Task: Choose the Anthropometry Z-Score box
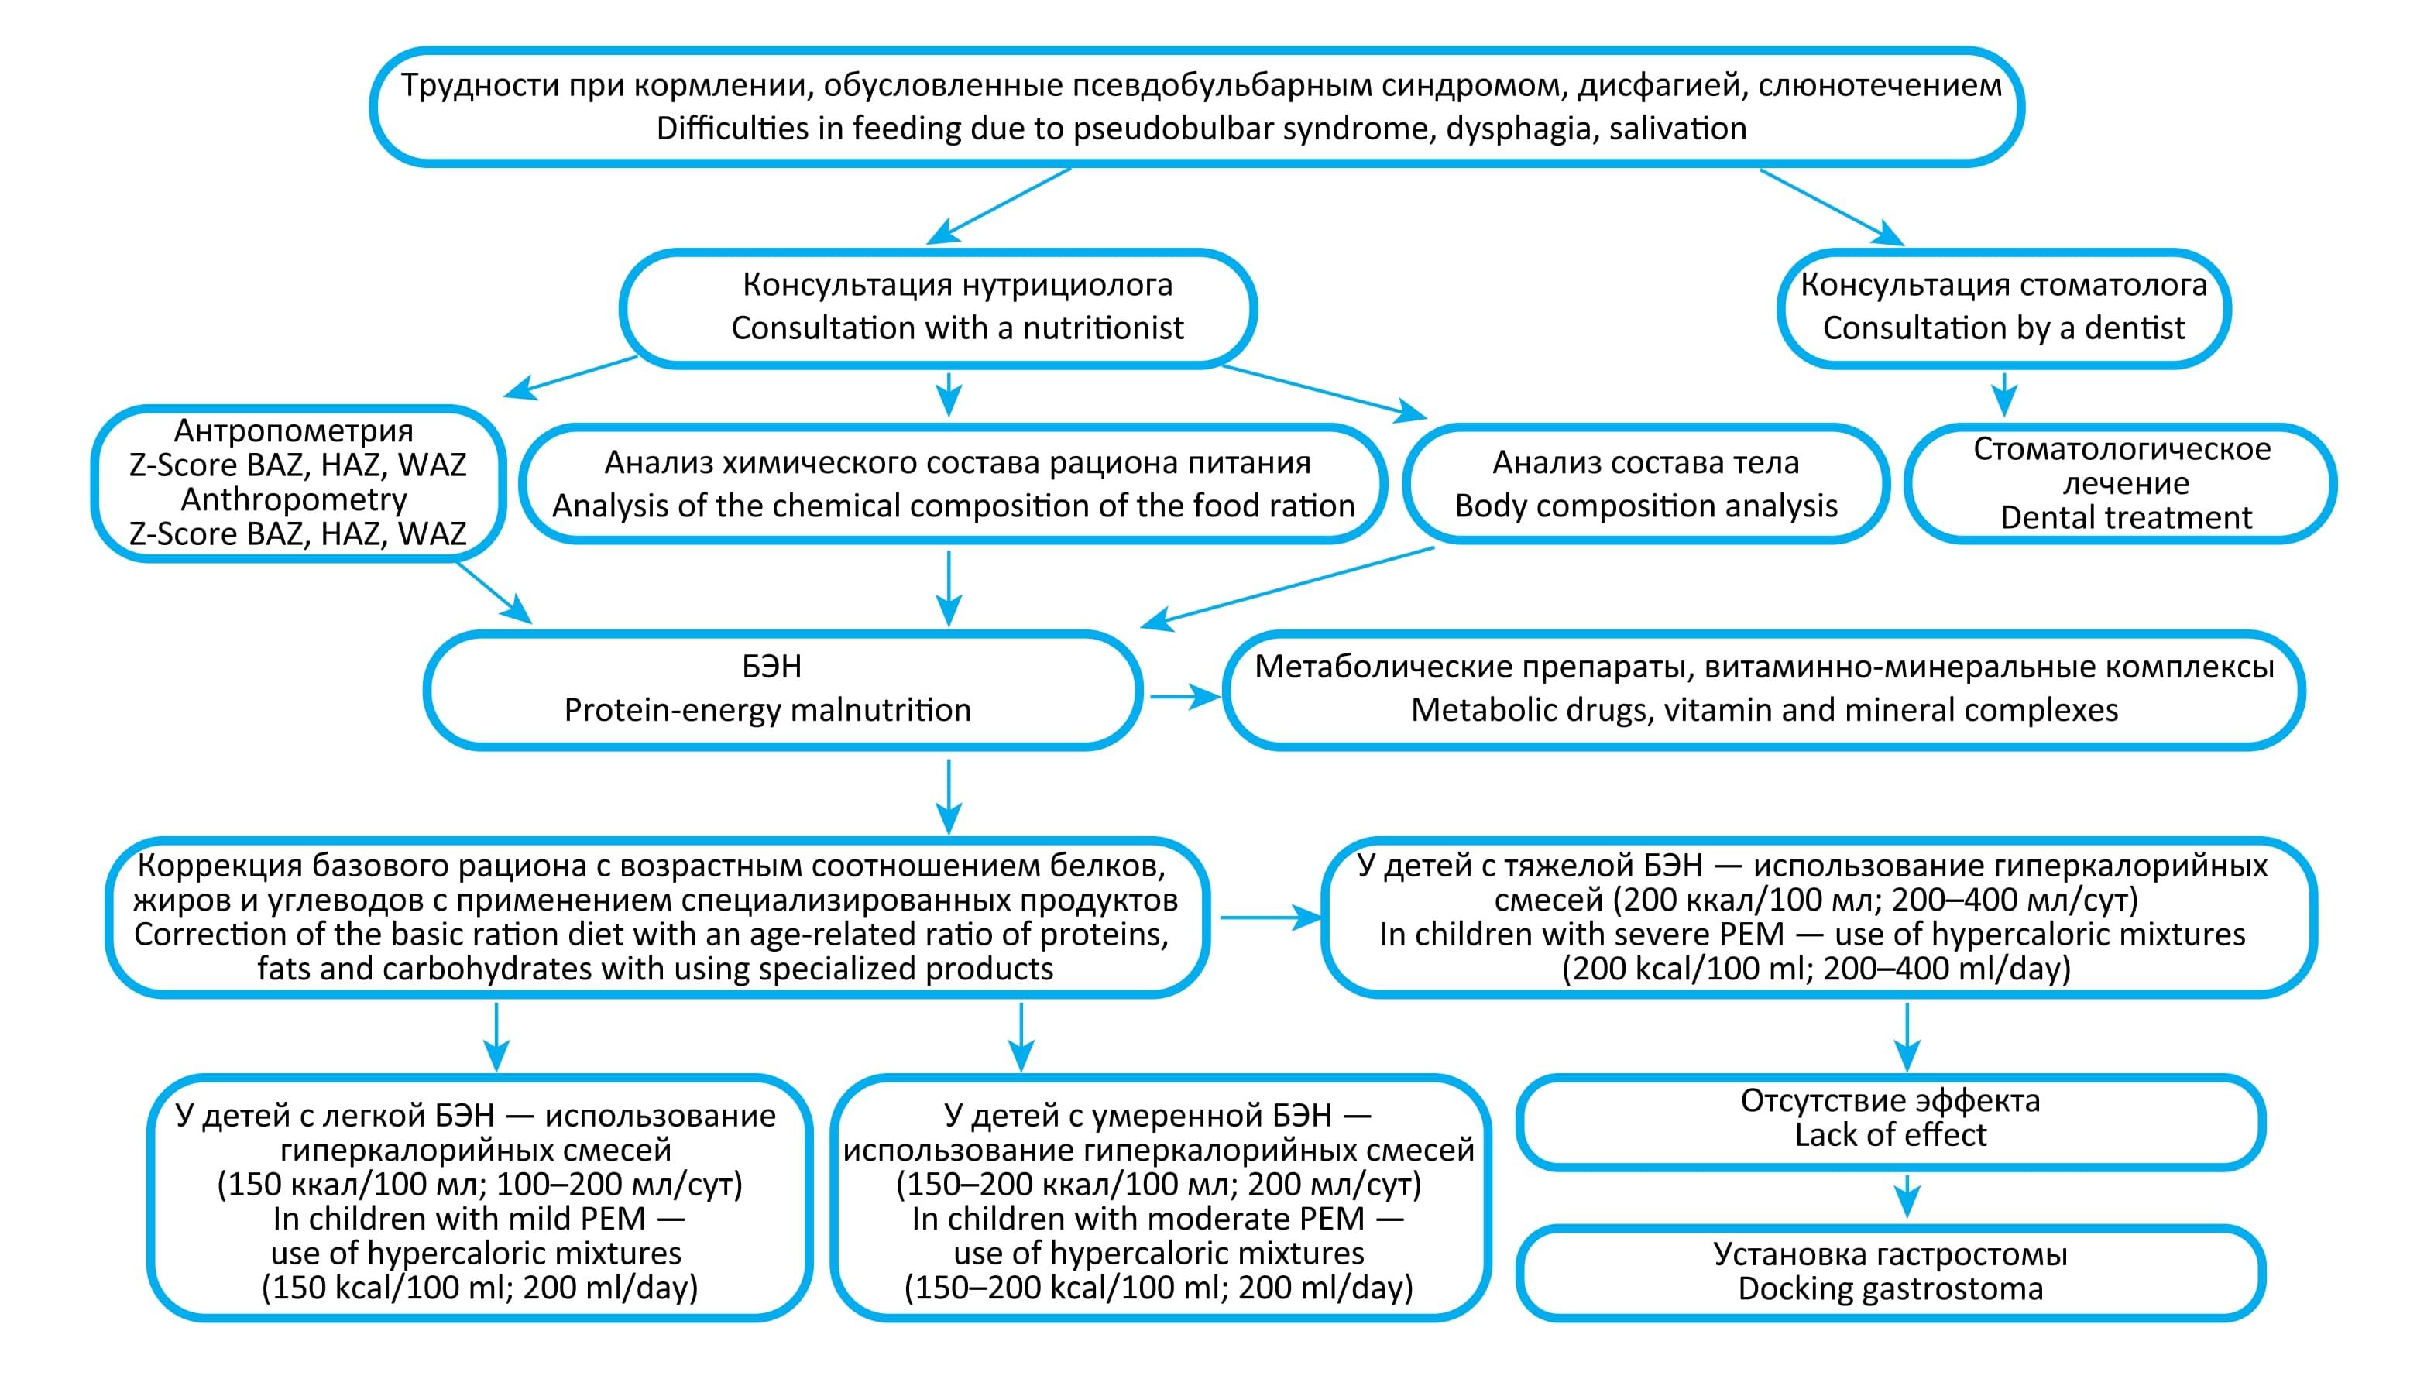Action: click(x=297, y=483)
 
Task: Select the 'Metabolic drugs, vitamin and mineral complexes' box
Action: click(x=1763, y=688)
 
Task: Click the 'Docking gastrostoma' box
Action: click(x=1890, y=1271)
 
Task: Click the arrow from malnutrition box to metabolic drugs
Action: click(x=1184, y=697)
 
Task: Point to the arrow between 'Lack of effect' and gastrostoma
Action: click(x=1907, y=1197)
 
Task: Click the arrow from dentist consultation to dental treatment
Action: click(x=2003, y=395)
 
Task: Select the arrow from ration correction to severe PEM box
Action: click(x=1269, y=918)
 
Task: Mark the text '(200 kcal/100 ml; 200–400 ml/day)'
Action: click(x=1815, y=969)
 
